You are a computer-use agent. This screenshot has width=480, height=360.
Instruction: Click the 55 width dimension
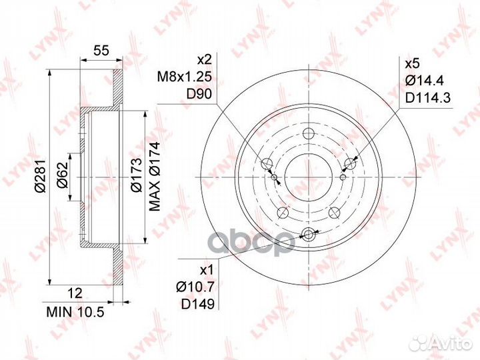click(x=101, y=50)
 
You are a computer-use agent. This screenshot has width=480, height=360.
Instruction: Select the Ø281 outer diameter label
click(x=41, y=176)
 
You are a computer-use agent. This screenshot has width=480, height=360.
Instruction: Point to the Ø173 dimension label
click(x=136, y=175)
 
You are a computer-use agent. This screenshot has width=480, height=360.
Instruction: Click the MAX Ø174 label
click(x=155, y=176)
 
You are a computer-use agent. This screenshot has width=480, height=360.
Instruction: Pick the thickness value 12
click(x=75, y=293)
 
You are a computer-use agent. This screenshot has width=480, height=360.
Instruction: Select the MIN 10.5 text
click(x=75, y=312)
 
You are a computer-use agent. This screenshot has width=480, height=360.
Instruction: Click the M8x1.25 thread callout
click(x=184, y=77)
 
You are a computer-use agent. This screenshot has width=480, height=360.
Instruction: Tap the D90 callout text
click(x=199, y=94)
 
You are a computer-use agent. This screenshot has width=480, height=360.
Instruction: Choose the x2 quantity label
click(x=204, y=59)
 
